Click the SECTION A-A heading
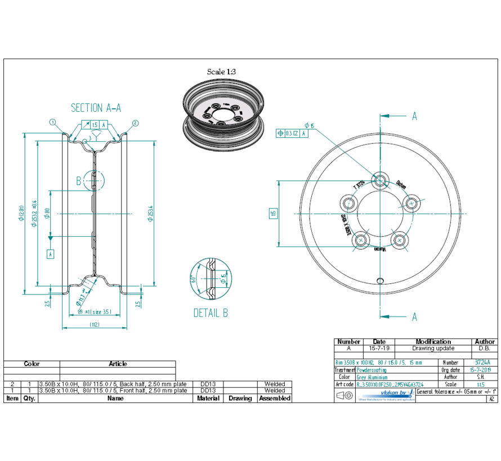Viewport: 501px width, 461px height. point(96,108)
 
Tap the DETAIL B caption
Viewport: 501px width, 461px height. point(211,313)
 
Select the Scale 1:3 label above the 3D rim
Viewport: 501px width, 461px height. point(221,71)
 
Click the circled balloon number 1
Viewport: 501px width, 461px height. point(52,121)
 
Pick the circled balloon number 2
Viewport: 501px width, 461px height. point(136,122)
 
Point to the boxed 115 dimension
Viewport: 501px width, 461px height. point(273,213)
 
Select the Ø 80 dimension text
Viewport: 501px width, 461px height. point(47,213)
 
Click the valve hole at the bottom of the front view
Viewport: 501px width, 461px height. point(381,280)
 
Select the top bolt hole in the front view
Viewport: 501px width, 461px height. point(381,180)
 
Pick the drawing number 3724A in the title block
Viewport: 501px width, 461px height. point(483,363)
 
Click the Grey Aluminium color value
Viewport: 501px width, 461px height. point(372,377)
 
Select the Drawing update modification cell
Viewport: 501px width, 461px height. point(433,349)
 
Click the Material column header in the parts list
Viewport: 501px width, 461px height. point(208,398)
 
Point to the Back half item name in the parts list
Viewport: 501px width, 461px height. point(113,383)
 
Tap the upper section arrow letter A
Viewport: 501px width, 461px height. point(414,116)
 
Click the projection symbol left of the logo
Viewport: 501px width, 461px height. point(345,396)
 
